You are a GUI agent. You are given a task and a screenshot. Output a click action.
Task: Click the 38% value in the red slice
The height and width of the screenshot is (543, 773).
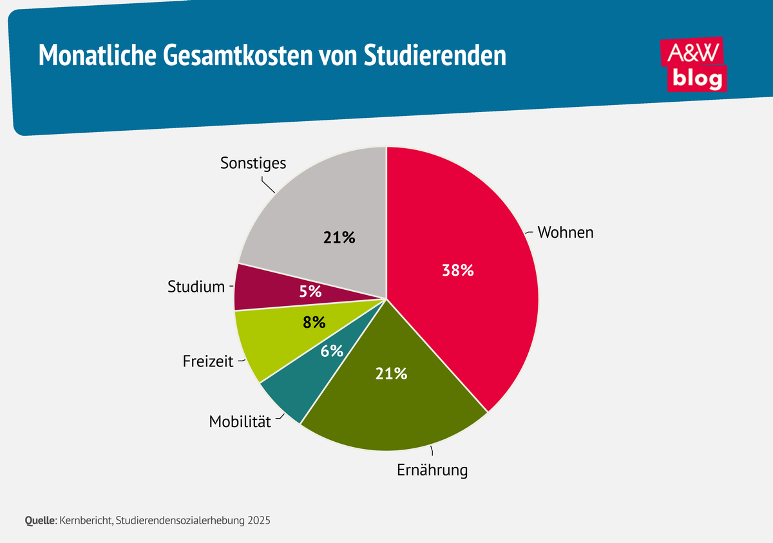458,271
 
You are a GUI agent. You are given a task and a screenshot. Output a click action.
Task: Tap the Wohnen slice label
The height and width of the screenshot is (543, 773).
566,232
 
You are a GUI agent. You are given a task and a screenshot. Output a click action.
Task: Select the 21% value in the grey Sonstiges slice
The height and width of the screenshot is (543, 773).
339,238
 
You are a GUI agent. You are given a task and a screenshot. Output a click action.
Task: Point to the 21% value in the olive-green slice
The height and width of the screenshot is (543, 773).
392,373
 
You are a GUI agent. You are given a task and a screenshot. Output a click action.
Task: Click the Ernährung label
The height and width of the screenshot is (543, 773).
432,470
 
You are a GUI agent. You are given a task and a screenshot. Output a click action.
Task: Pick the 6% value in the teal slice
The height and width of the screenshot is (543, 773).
332,351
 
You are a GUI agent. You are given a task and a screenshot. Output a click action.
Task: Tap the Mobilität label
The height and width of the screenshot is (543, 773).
240,422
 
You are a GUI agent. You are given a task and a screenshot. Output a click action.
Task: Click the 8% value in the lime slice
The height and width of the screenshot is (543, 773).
314,322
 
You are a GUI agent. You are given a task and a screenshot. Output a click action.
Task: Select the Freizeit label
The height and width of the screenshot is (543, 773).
207,361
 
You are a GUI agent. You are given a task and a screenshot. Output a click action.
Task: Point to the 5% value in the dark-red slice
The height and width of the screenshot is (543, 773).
310,291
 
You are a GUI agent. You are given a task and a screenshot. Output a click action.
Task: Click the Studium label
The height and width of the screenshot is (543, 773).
196,286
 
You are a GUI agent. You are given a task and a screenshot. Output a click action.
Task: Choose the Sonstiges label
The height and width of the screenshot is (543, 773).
253,163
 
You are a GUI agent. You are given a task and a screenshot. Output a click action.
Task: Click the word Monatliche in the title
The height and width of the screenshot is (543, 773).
93,56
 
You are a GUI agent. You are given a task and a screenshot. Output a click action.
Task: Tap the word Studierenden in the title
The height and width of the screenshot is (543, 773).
435,56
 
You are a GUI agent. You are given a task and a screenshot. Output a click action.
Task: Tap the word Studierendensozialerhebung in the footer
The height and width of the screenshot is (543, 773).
180,520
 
